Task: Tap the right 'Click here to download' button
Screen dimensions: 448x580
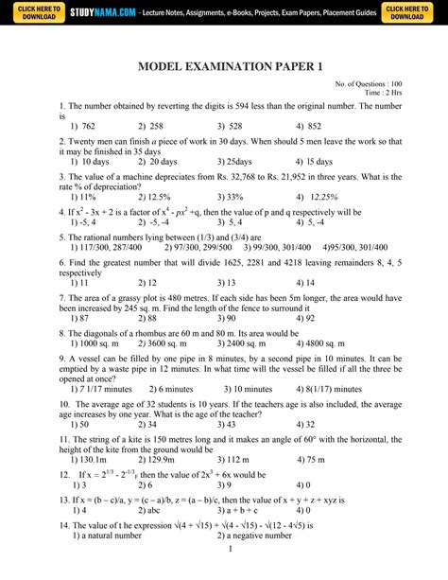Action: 412,12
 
